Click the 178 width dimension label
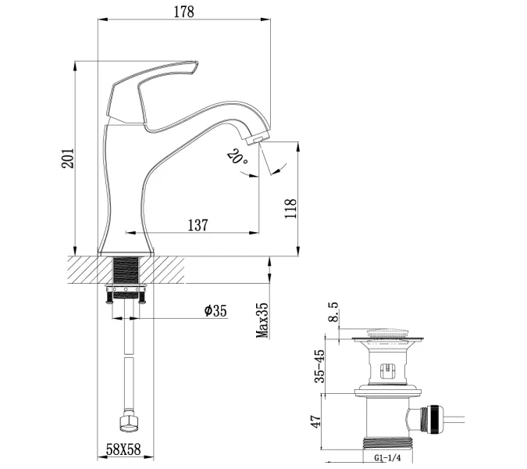(x=183, y=12)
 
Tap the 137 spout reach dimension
(x=198, y=224)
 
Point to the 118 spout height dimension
(x=290, y=209)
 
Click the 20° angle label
(x=237, y=159)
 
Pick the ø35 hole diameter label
(x=215, y=310)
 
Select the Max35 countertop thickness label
(x=262, y=321)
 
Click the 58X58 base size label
(x=123, y=451)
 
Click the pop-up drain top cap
(x=387, y=336)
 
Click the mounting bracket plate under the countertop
(x=126, y=291)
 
